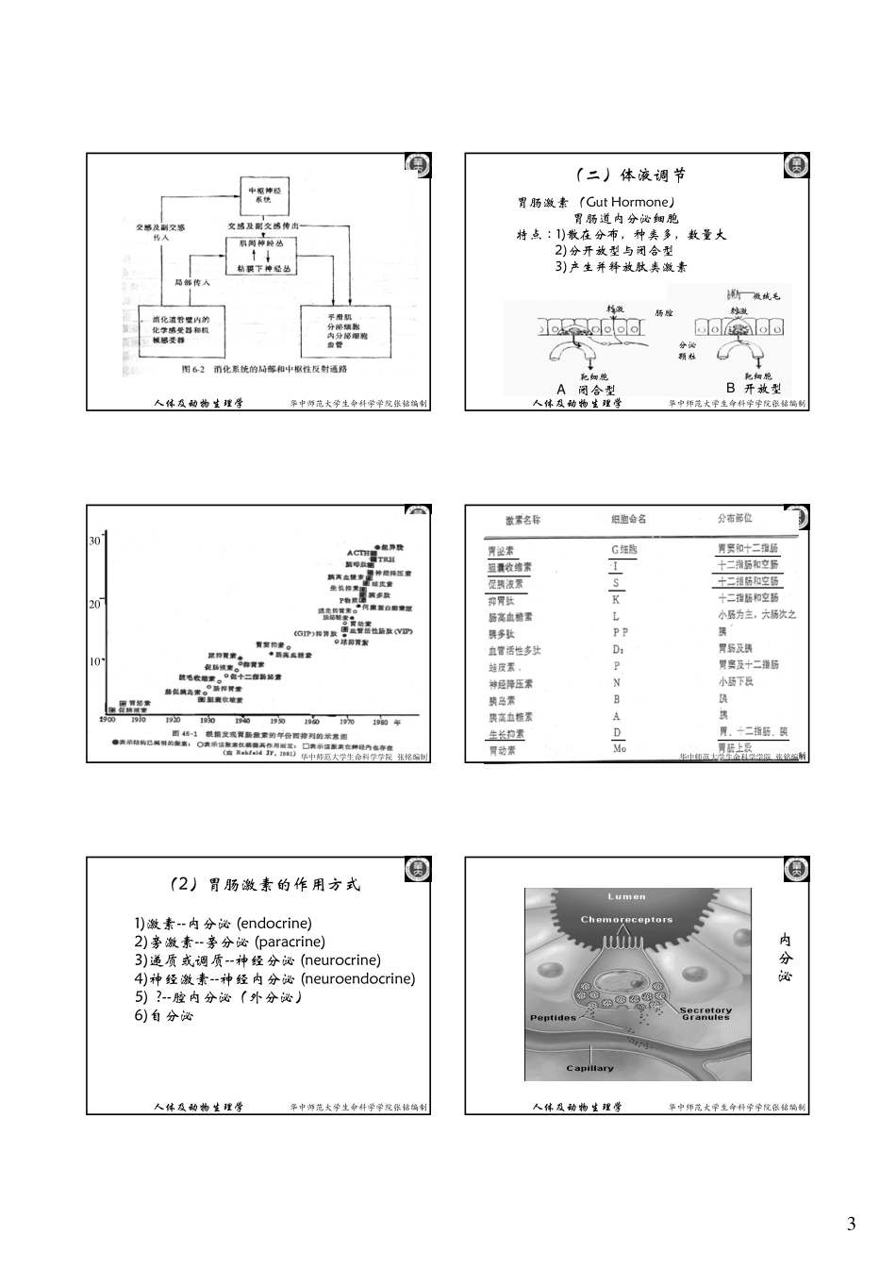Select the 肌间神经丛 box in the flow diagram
click(x=268, y=242)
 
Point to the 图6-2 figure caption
click(x=264, y=370)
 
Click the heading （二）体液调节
click(x=630, y=175)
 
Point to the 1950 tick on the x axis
click(x=277, y=720)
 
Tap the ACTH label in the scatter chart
click(x=357, y=553)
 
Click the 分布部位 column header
click(x=736, y=518)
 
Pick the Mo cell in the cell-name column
click(x=620, y=748)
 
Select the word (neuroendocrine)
click(x=357, y=978)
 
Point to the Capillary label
click(x=589, y=1068)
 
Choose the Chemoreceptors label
click(x=626, y=919)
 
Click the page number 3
click(x=851, y=1225)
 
